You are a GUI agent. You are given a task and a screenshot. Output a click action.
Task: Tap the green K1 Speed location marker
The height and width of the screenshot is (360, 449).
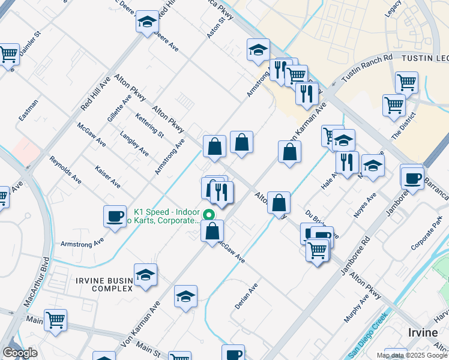pos(208,214)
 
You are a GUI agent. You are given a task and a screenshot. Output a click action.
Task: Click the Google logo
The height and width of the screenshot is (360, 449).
pos(20,353)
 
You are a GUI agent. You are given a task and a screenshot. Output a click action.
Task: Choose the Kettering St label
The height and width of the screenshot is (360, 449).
pos(149,124)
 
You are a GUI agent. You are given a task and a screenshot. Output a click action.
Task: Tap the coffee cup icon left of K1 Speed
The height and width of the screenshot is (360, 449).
pos(115,217)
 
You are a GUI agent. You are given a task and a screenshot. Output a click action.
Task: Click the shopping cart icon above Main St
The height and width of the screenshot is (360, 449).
pos(55,320)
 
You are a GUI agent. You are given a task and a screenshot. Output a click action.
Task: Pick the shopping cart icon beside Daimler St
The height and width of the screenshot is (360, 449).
pos(8,54)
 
